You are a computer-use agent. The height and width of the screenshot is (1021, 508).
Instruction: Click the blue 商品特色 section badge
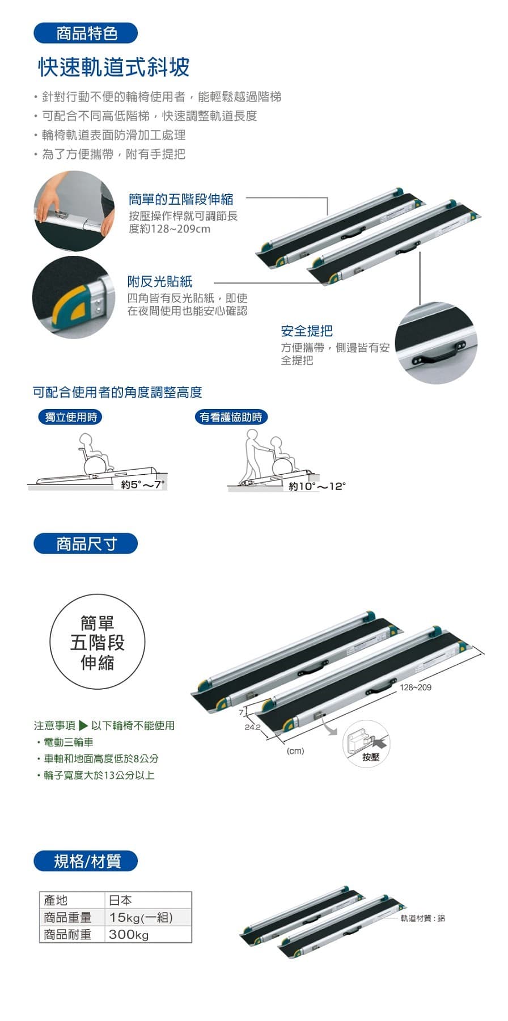(86, 33)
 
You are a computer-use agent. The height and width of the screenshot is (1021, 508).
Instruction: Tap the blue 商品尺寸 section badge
(86, 544)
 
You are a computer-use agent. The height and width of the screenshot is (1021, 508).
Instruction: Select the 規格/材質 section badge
(86, 862)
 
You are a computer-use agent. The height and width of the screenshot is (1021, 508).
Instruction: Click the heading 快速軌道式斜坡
(114, 67)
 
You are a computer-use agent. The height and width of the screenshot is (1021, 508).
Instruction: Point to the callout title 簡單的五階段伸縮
(181, 199)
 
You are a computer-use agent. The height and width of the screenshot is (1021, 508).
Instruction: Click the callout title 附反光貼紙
(160, 281)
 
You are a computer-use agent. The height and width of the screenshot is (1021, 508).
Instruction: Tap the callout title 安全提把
(307, 331)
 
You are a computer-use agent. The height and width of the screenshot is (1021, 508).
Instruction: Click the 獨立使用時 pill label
(71, 417)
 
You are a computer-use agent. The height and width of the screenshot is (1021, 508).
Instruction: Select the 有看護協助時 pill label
(231, 417)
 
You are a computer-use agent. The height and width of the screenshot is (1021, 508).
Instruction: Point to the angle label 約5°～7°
(142, 485)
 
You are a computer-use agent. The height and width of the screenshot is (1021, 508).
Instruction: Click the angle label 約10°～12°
(317, 486)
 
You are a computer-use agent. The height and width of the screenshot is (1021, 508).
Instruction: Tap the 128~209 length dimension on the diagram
(416, 687)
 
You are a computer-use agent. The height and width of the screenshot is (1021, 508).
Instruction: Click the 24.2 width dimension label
(252, 727)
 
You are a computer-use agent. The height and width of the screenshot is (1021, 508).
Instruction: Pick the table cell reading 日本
(120, 900)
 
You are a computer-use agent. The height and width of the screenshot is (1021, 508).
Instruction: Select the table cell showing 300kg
(129, 934)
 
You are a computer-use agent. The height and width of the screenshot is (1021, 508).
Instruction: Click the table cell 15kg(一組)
(141, 917)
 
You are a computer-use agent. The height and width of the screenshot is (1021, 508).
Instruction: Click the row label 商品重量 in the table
(67, 917)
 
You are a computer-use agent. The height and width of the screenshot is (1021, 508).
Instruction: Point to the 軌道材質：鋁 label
(423, 918)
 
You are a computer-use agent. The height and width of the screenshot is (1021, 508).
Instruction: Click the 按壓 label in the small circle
(371, 757)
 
